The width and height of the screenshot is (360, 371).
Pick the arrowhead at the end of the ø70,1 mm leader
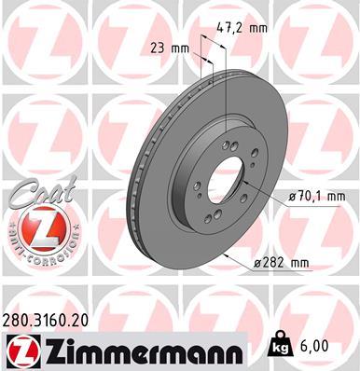pyautogui.click(x=260, y=191)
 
